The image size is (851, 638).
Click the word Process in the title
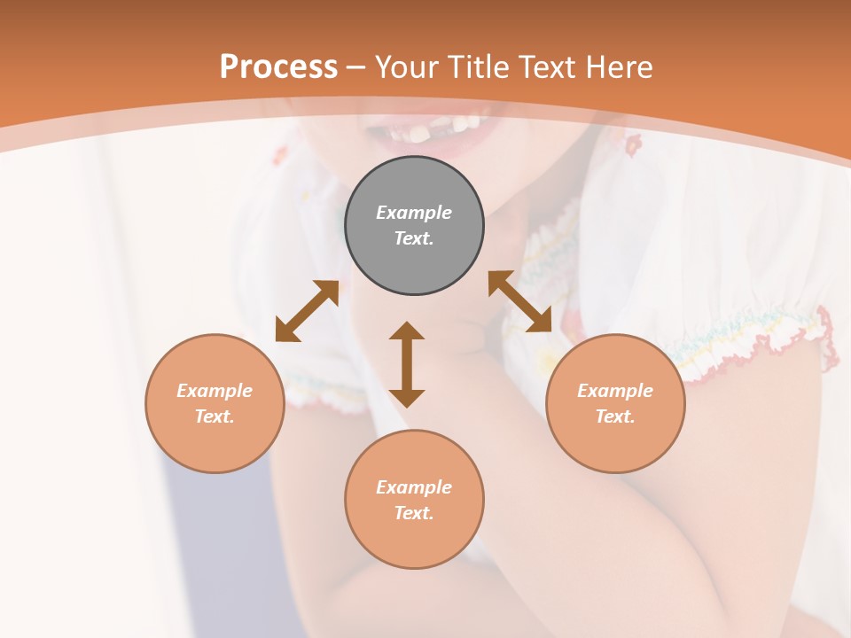[278, 67]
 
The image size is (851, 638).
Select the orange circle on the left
[215, 443]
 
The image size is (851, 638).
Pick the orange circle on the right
[615, 443]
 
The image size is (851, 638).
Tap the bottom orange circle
[414, 541]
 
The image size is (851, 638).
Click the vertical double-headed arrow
[407, 364]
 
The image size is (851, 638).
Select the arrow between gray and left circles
[307, 311]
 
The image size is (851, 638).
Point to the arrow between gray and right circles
[519, 301]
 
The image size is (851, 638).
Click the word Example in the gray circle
[414, 213]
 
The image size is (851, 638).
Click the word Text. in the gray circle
[414, 238]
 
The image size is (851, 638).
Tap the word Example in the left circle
[215, 391]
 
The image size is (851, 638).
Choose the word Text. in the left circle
[215, 416]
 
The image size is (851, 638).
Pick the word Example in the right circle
[615, 391]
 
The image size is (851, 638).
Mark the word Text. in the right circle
[615, 416]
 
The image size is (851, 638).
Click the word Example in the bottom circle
[414, 487]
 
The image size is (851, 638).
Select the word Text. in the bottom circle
[414, 513]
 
